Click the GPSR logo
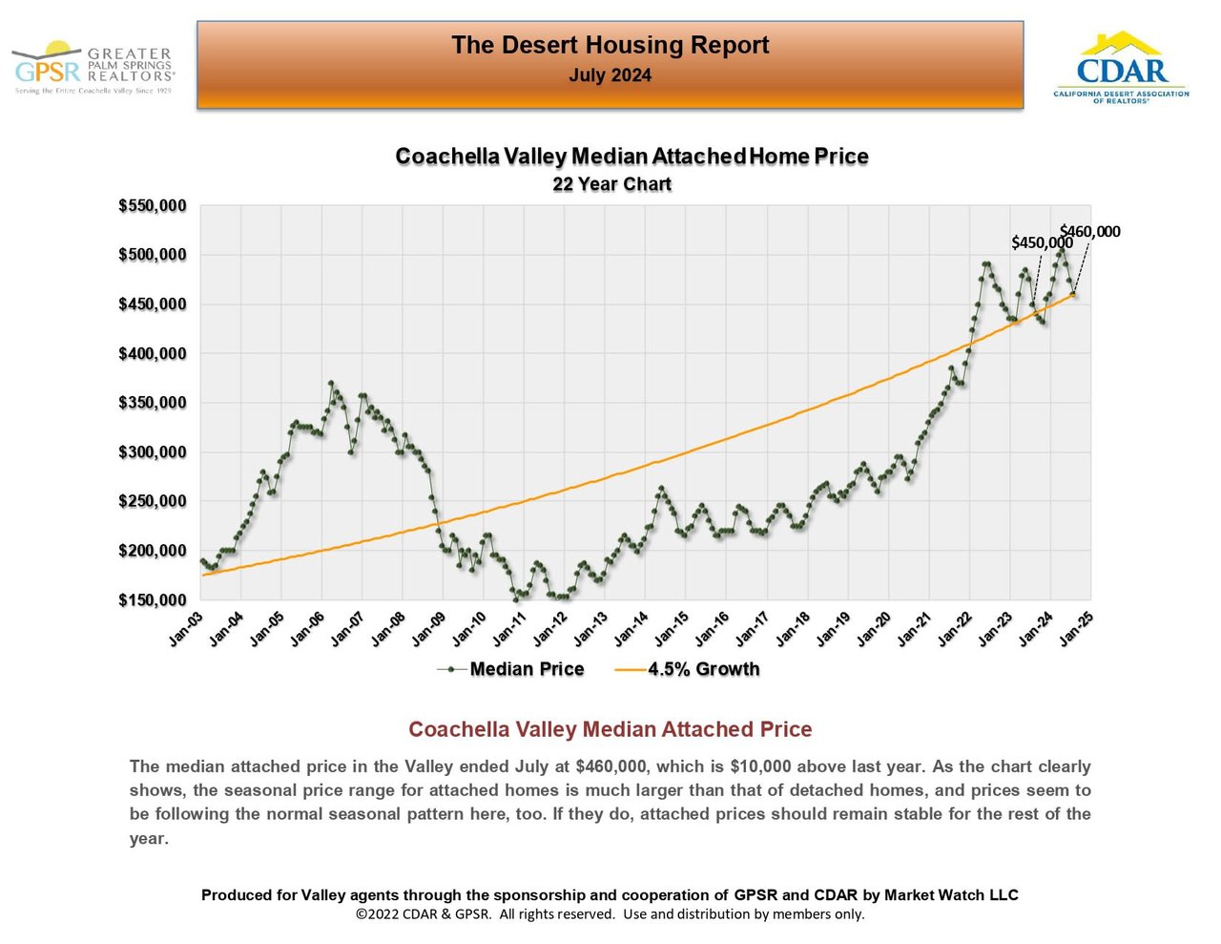point(93,68)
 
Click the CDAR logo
point(1121,69)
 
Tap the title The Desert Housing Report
point(610,45)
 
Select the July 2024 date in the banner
point(610,75)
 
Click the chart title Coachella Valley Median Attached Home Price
point(631,157)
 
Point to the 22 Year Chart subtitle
point(611,184)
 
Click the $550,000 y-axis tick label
point(153,206)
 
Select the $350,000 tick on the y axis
point(153,403)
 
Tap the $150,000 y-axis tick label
point(153,600)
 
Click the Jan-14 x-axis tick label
point(631,629)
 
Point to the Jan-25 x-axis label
point(1076,629)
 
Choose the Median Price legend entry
point(526,669)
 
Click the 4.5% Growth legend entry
point(703,669)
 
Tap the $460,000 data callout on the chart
point(1090,231)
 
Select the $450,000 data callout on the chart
point(1042,242)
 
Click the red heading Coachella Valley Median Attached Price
point(610,729)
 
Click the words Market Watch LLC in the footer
point(951,895)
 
